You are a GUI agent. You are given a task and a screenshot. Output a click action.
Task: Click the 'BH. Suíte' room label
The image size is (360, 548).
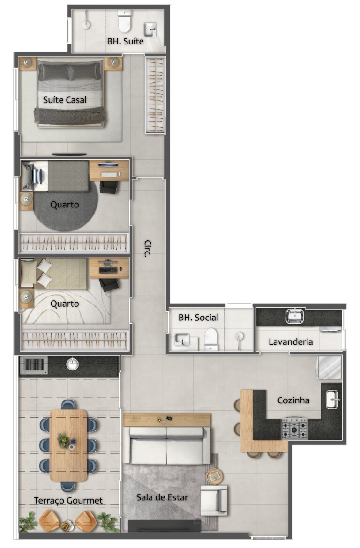point(125,41)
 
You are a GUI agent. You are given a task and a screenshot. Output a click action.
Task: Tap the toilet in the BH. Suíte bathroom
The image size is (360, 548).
point(125,21)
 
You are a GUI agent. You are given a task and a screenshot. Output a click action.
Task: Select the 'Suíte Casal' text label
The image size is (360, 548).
point(65,100)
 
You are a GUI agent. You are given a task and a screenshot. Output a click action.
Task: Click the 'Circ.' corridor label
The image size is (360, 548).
point(148,249)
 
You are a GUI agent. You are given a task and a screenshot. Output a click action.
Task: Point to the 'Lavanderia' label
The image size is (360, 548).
point(291,342)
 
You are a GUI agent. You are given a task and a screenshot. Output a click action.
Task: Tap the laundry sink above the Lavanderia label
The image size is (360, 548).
point(295,316)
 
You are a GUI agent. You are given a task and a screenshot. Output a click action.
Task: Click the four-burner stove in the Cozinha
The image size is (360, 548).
point(294,428)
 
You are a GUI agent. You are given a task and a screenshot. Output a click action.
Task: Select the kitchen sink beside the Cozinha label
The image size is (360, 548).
point(332,400)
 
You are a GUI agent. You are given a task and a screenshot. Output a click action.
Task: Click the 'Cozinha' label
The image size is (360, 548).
point(293,400)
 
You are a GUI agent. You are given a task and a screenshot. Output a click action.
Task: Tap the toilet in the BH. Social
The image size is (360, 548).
point(211,339)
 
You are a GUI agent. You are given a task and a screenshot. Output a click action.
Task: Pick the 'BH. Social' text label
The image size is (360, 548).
point(198,318)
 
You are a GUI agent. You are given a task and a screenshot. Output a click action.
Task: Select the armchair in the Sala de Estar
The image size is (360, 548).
point(213,500)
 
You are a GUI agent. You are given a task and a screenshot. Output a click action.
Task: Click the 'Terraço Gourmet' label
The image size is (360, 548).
point(68,501)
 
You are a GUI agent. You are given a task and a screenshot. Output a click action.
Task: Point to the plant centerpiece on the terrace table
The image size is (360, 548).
point(63,440)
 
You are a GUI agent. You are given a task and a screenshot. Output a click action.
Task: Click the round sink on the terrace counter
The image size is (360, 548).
point(72,364)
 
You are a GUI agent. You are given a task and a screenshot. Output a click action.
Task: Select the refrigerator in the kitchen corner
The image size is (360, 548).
point(329,368)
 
